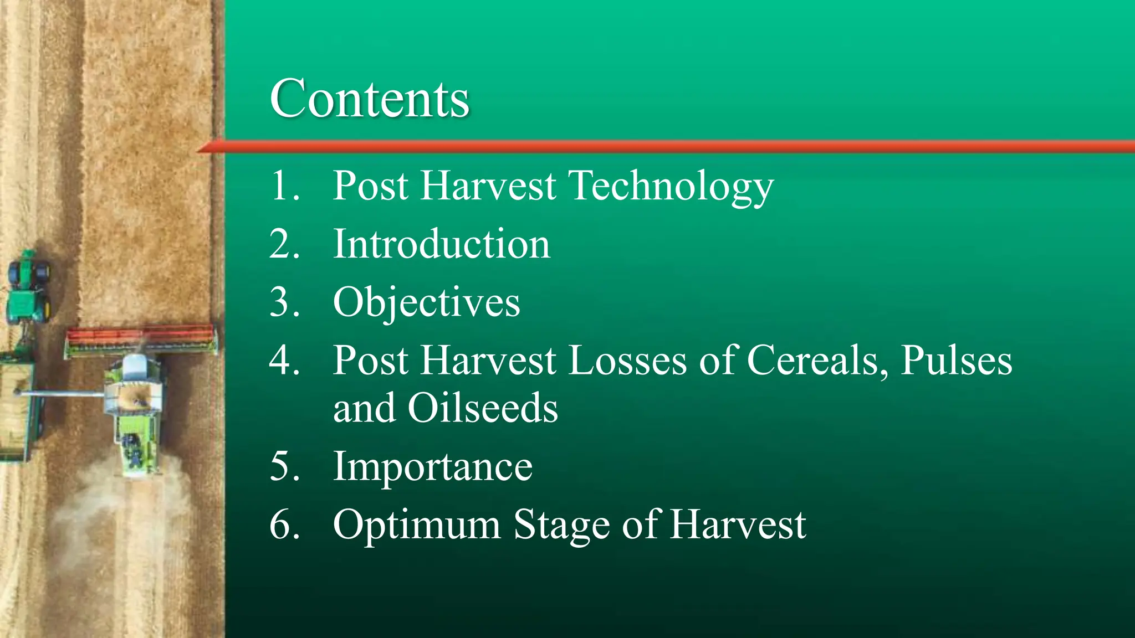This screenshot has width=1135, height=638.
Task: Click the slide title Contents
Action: click(x=370, y=99)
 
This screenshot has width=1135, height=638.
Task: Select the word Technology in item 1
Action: click(x=672, y=186)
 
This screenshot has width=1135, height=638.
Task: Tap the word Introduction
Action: click(x=441, y=244)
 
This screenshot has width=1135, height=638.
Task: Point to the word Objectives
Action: click(x=426, y=303)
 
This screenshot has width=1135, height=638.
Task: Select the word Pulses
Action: click(x=956, y=361)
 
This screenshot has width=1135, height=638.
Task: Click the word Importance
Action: click(x=432, y=467)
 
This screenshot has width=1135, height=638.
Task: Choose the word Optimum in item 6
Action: click(x=417, y=525)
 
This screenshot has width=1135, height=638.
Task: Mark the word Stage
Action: click(x=561, y=525)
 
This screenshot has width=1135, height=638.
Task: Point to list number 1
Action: click(x=284, y=186)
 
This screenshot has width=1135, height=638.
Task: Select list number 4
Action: click(x=284, y=361)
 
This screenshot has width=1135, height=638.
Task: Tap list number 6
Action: click(x=284, y=525)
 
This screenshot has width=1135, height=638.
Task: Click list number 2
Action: click(x=284, y=244)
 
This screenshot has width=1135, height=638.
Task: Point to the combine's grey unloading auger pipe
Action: click(x=61, y=394)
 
